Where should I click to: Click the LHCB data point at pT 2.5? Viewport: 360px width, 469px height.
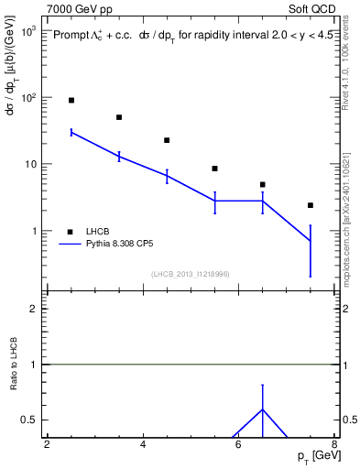pyautogui.click(x=71, y=100)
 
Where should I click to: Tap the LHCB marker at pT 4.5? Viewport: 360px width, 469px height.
pyautogui.click(x=167, y=140)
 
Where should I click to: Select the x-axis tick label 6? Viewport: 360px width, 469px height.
pyautogui.click(x=239, y=445)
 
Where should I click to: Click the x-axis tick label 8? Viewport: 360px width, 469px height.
pyautogui.click(x=334, y=445)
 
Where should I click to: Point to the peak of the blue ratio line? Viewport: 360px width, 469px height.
pyautogui.click(x=263, y=409)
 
